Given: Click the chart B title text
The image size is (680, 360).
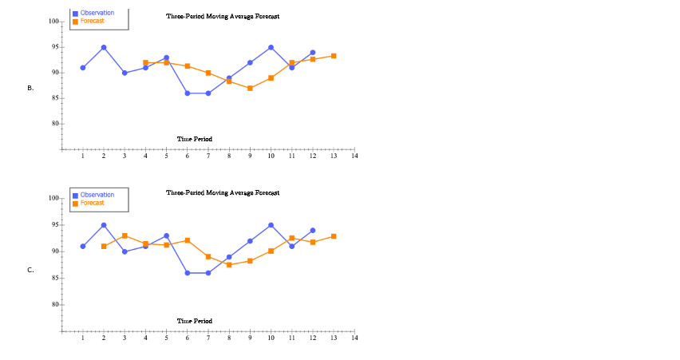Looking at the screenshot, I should [223, 16].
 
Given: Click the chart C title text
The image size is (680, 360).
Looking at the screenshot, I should [223, 192].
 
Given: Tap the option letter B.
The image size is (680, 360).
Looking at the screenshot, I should [30, 88].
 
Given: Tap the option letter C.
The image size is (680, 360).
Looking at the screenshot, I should [30, 270].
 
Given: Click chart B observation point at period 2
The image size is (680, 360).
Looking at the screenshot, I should [104, 47].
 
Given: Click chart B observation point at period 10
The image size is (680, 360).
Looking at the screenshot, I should [271, 47].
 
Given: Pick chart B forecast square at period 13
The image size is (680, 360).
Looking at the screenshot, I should [334, 56].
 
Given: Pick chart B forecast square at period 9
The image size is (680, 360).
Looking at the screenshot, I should [250, 88].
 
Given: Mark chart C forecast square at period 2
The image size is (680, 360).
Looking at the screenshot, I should [104, 246].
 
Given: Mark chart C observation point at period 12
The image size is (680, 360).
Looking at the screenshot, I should [313, 230].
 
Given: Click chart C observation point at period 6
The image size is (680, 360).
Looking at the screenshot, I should [188, 273].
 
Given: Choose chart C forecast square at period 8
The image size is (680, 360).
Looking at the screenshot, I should [229, 264].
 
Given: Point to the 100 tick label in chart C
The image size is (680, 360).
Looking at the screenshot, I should [53, 198].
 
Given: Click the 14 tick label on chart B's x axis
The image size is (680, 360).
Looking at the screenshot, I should [354, 156].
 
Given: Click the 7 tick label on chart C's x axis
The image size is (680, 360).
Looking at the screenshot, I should [208, 338].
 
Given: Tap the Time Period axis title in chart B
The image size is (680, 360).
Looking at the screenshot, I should [195, 139].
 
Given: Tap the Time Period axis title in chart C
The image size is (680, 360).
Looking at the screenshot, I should [195, 321].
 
